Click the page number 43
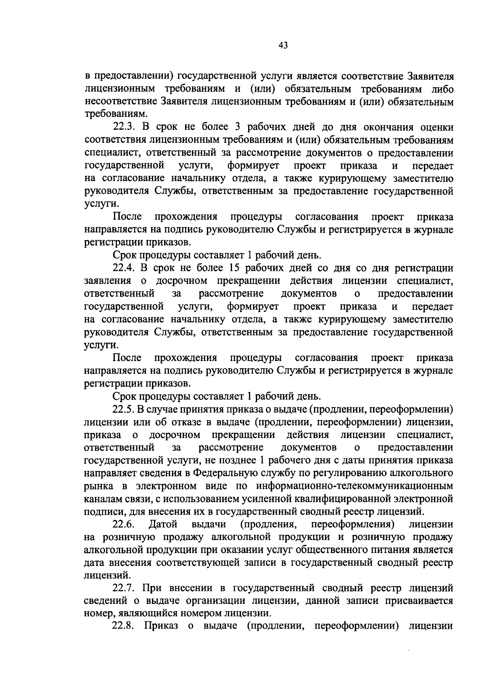pos(283,46)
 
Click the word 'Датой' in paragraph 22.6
pos(163,525)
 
